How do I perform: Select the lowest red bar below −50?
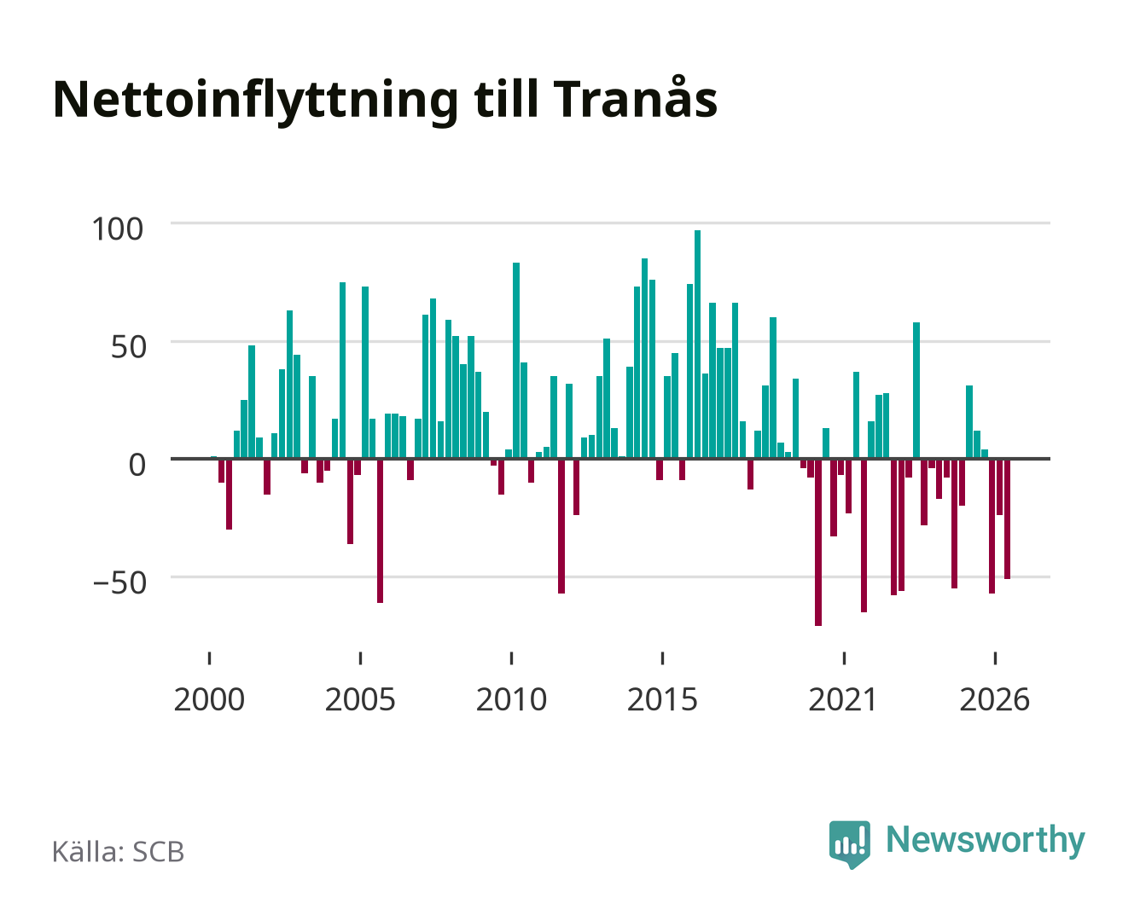pos(818,542)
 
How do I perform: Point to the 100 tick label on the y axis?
pos(118,229)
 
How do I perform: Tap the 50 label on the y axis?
pos(129,347)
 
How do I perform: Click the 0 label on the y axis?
pos(137,465)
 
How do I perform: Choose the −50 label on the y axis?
pos(119,582)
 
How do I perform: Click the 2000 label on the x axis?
pos(209,699)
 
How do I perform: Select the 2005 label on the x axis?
pos(360,699)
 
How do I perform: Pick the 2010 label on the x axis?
pos(511,699)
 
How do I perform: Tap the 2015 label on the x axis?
pos(663,699)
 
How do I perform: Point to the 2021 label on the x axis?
pos(844,699)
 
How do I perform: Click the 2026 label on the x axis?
pos(995,699)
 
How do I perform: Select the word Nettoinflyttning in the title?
pos(256,101)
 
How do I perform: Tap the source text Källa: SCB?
pos(119,851)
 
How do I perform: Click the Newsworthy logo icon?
pos(849,844)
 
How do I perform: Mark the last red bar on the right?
pos(1007,518)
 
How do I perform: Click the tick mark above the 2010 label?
pos(512,657)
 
